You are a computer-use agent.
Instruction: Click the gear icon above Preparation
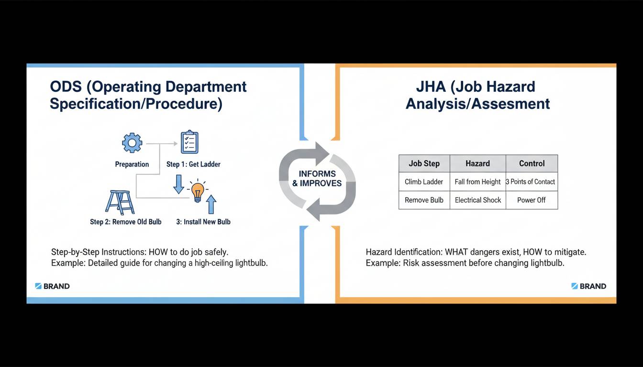pyautogui.click(x=132, y=143)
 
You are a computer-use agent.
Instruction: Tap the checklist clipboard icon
pyautogui.click(x=189, y=142)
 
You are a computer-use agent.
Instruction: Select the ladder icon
pyautogui.click(x=120, y=202)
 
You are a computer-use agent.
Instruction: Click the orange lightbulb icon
pyautogui.click(x=197, y=191)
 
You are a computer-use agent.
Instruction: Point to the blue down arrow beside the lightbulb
pyautogui.click(x=178, y=184)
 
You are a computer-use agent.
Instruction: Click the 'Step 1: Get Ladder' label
pyautogui.click(x=193, y=164)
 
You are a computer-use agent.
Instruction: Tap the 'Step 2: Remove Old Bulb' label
pyautogui.click(x=126, y=222)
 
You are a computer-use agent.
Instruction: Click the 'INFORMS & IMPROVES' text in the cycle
pyautogui.click(x=317, y=179)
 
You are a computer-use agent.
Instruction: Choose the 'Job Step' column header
pyautogui.click(x=424, y=163)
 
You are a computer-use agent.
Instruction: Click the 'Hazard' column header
pyautogui.click(x=477, y=163)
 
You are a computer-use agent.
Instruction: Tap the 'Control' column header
pyautogui.click(x=532, y=163)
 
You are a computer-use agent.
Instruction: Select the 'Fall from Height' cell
pyautogui.click(x=477, y=182)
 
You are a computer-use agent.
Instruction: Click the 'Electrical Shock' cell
pyautogui.click(x=477, y=200)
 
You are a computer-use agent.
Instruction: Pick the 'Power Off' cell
pyautogui.click(x=532, y=200)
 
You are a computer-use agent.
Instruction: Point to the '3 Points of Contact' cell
pyautogui.click(x=531, y=182)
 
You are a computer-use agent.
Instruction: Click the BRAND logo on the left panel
pyautogui.click(x=53, y=286)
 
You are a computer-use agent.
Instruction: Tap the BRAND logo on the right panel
pyautogui.click(x=589, y=286)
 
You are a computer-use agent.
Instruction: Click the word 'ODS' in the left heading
pyautogui.click(x=67, y=87)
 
